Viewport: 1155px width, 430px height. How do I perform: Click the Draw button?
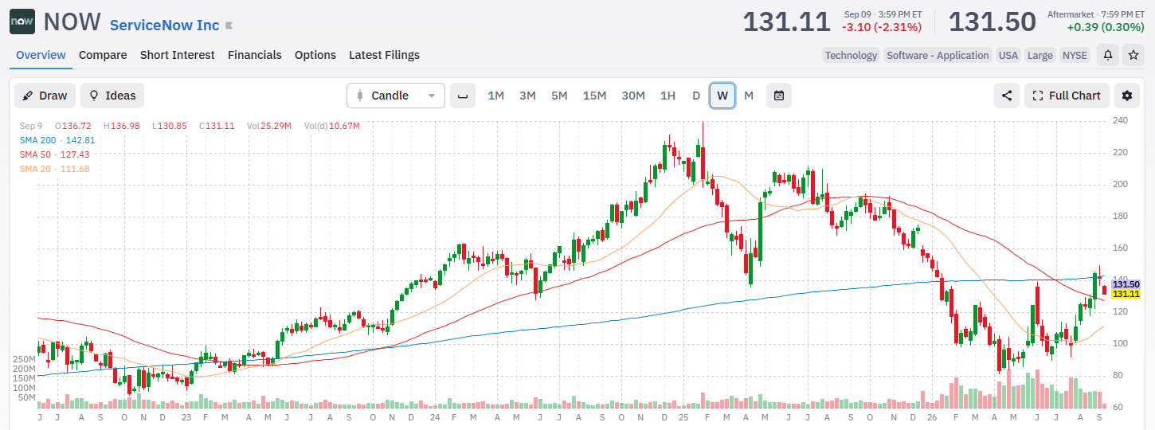click(45, 96)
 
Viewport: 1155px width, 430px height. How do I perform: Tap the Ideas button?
click(112, 96)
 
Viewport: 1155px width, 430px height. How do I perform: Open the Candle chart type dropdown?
click(395, 96)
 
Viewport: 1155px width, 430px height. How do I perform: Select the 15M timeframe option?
click(594, 96)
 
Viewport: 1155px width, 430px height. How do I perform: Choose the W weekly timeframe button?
click(722, 96)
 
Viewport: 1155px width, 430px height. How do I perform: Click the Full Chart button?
click(1067, 96)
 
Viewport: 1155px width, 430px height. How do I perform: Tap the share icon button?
click(1007, 96)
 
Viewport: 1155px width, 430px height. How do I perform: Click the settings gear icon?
click(1127, 96)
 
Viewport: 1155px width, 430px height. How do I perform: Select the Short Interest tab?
click(178, 55)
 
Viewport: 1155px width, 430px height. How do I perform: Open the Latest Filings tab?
click(384, 55)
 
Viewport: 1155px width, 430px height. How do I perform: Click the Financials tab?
click(255, 55)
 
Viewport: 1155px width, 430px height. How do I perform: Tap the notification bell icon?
click(1107, 55)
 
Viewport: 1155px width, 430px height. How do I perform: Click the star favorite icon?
click(1133, 55)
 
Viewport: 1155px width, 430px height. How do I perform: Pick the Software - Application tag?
click(938, 56)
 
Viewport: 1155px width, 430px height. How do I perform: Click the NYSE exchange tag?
click(1075, 56)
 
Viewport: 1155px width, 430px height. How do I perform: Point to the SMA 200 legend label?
click(37, 140)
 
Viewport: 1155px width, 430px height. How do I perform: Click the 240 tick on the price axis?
click(1121, 121)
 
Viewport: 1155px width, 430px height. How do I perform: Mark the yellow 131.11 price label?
click(1126, 294)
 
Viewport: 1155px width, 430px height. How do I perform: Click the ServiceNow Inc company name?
click(164, 25)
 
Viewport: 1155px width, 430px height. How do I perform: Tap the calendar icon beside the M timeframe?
click(778, 96)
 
